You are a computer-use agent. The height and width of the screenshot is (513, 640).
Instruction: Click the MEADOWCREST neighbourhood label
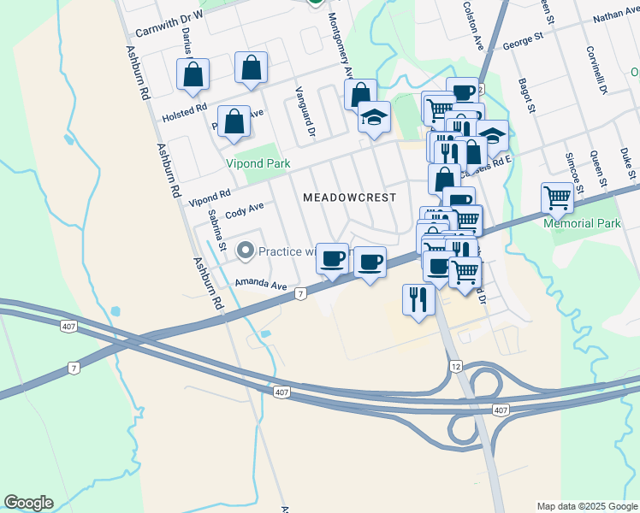click(350, 198)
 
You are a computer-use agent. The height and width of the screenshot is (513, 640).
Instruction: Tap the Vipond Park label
click(258, 163)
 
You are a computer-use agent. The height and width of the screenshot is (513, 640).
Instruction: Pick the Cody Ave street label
click(244, 210)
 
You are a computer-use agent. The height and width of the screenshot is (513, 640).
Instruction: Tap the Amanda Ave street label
click(261, 283)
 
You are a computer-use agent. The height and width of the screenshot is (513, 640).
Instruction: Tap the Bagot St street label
click(525, 97)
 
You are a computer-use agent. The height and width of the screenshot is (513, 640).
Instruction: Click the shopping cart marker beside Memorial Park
click(558, 199)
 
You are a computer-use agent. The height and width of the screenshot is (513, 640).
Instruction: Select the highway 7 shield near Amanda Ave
click(300, 293)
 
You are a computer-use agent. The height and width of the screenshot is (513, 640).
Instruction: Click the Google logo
click(28, 503)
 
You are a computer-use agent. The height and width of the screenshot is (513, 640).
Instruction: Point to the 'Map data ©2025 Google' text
click(587, 506)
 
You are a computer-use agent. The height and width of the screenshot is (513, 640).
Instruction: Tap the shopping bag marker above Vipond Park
click(234, 124)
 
